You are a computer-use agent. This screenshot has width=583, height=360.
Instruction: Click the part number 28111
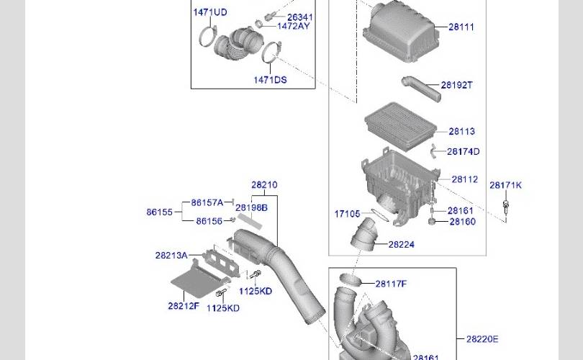(x=461, y=27)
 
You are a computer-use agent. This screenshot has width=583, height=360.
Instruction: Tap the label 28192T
(x=456, y=85)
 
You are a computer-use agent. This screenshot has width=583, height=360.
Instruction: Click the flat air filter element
(x=400, y=127)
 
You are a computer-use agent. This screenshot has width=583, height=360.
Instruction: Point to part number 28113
(x=461, y=131)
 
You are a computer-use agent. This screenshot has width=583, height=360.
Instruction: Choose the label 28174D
(x=463, y=151)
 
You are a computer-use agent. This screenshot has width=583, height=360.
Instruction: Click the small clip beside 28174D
(x=433, y=150)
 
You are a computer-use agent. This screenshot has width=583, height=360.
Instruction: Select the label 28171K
(x=505, y=185)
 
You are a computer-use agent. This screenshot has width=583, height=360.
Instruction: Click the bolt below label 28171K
(x=506, y=207)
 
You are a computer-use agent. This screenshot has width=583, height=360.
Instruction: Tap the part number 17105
(x=347, y=214)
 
